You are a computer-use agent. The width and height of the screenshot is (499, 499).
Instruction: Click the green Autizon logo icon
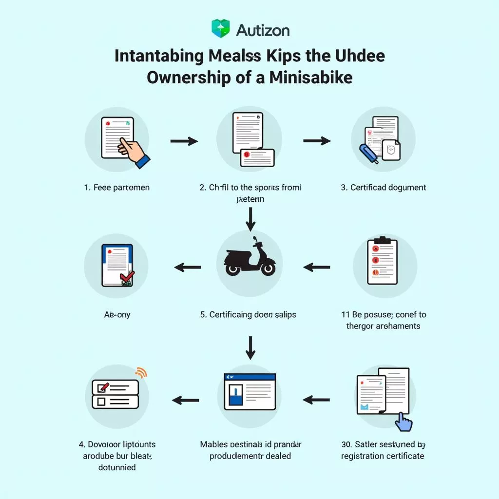[220, 29]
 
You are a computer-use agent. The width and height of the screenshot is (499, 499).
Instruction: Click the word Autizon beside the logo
[263, 30]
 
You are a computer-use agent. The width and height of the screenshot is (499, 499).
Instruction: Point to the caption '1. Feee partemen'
[117, 188]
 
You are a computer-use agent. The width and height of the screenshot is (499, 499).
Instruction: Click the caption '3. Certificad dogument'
[384, 188]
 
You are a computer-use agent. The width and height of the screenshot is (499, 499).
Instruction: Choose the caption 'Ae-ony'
[117, 315]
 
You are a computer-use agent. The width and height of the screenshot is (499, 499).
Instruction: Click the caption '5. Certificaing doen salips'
[249, 315]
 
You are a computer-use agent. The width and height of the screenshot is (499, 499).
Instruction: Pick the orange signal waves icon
[140, 373]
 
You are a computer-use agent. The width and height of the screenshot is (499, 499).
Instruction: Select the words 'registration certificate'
[383, 456]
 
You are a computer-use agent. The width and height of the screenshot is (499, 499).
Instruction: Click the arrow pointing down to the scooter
[250, 219]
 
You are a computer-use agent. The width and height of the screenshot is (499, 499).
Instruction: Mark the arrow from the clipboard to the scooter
[317, 267]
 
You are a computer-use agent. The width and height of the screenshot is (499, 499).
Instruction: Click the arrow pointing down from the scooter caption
[250, 347]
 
